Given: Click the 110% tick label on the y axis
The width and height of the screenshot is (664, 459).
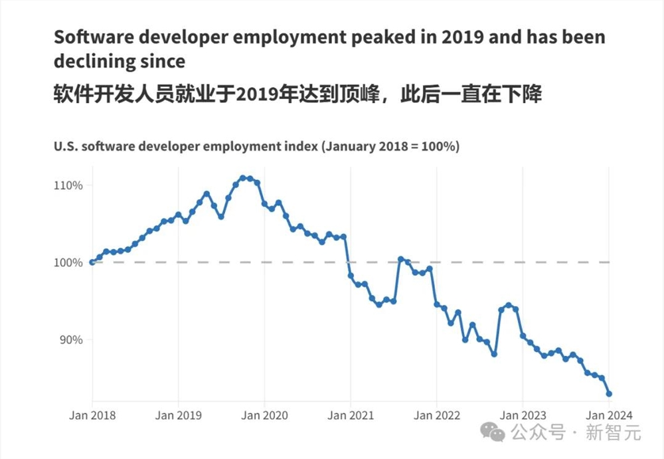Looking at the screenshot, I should [x=69, y=185].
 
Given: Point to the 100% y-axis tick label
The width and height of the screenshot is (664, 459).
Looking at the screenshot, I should [x=69, y=262].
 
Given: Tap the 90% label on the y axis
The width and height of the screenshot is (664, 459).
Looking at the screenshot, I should [x=72, y=339].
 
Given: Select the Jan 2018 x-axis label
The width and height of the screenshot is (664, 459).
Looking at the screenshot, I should [x=92, y=416].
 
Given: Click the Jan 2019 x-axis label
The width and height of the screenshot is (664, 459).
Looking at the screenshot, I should [x=178, y=416].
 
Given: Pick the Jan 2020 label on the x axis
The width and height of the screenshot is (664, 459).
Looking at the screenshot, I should [x=264, y=416].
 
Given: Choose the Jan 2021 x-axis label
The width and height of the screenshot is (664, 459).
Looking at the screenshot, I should [x=351, y=416].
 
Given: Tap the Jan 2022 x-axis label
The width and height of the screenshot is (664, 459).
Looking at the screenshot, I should [x=436, y=416].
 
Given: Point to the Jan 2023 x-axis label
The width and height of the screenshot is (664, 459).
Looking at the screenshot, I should [x=523, y=416].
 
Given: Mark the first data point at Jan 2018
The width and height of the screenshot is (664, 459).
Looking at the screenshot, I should [x=92, y=262].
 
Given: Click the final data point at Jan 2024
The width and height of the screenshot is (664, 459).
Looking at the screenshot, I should [x=609, y=394].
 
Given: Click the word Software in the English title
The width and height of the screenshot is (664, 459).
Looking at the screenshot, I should [x=86, y=37].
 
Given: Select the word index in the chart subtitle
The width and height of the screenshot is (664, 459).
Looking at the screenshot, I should [x=297, y=147].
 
